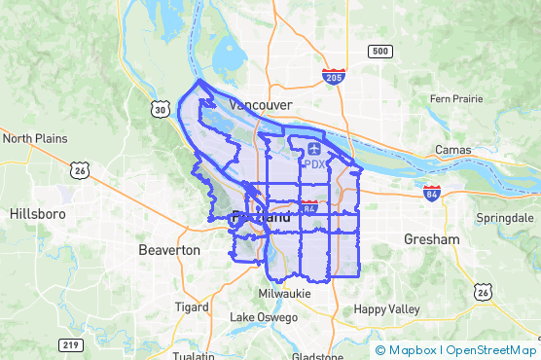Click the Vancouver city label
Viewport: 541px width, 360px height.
pyautogui.click(x=260, y=103)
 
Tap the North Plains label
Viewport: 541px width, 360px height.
pyautogui.click(x=35, y=138)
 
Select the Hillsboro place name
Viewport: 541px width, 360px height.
pyautogui.click(x=37, y=213)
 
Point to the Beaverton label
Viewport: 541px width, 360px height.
pyautogui.click(x=169, y=250)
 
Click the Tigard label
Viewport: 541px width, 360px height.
pyautogui.click(x=191, y=306)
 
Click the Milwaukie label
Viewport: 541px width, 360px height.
pyautogui.click(x=284, y=293)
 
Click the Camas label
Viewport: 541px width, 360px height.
pyautogui.click(x=453, y=150)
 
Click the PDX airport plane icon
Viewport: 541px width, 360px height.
pyautogui.click(x=314, y=149)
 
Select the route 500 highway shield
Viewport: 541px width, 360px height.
pyautogui.click(x=379, y=51)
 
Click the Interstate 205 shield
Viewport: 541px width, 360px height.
pyautogui.click(x=334, y=76)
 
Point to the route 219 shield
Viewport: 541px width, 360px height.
pyautogui.click(x=69, y=345)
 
